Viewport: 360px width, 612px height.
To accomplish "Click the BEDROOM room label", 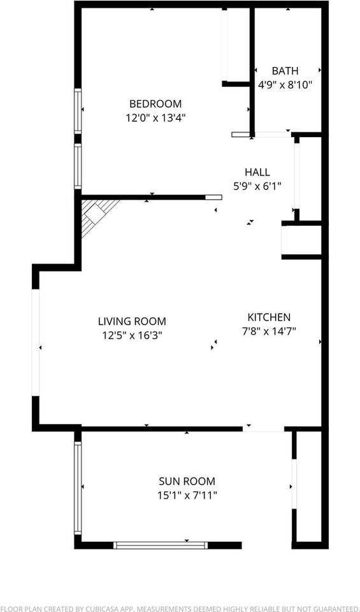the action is [155, 104].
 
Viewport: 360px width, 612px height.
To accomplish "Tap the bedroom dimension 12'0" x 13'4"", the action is [155, 118].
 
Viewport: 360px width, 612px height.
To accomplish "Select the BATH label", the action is [285, 71].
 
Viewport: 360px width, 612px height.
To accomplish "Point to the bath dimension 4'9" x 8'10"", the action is [285, 85].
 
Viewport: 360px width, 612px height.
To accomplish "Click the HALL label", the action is [257, 171].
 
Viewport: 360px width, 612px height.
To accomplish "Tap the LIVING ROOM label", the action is [132, 321].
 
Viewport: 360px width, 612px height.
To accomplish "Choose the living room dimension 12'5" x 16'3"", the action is [132, 335].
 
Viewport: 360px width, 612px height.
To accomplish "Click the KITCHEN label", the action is [269, 317].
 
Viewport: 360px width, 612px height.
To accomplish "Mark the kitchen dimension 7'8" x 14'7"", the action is [269, 331].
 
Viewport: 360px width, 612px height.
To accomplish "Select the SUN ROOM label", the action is [187, 481].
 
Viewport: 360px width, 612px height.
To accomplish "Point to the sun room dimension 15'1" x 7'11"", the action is [187, 495].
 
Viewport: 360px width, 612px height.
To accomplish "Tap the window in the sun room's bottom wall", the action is [161, 545].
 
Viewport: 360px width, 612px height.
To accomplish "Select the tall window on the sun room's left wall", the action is [78, 488].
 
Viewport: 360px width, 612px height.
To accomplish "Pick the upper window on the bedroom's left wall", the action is [78, 111].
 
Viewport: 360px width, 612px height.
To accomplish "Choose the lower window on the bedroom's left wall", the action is [78, 166].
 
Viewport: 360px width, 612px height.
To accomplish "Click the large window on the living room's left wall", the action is [36, 343].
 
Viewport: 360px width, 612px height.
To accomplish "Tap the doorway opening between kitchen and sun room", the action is [263, 429].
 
